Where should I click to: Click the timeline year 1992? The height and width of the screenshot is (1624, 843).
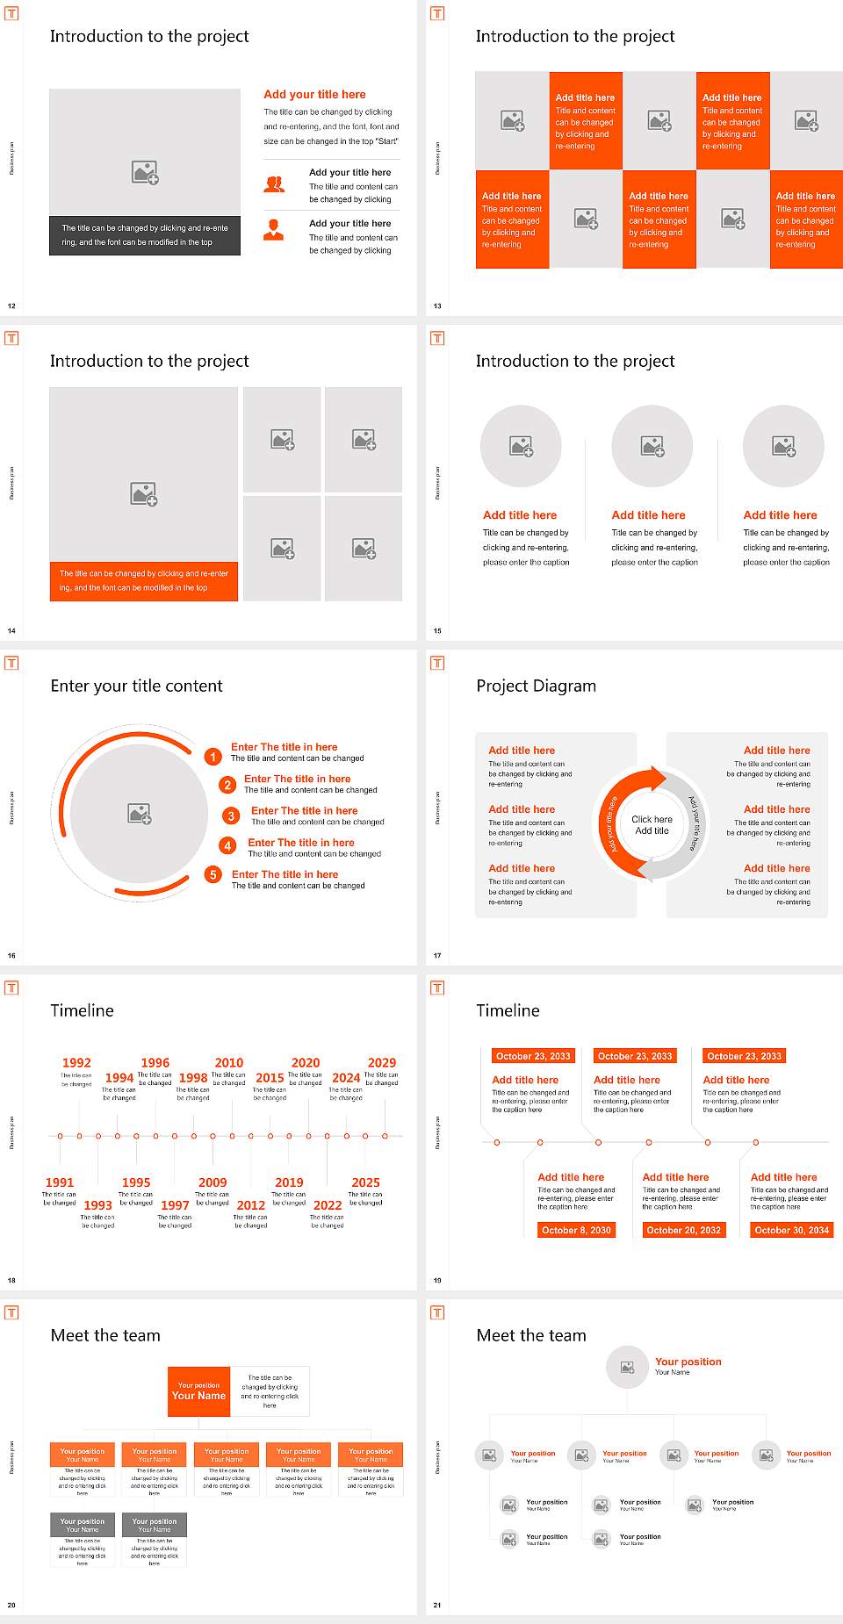pos(76,1062)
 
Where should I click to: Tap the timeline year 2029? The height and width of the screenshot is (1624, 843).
pos(382,1062)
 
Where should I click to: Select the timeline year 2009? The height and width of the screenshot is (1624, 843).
pos(213,1182)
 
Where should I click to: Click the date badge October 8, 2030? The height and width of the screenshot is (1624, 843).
pos(576,1230)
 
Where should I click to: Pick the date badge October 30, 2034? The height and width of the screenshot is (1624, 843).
pos(791,1230)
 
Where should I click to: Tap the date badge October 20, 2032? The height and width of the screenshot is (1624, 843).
pos(683,1230)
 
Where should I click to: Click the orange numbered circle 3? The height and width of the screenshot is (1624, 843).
pos(231,816)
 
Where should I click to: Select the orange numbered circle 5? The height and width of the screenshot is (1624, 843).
pos(213,874)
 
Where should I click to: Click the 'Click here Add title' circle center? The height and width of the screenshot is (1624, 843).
pos(652,824)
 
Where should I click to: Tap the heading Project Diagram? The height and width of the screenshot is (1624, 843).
pos(536,686)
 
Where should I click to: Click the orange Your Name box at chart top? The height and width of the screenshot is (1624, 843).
pos(198,1391)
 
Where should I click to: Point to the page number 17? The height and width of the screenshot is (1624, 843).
pos(437,955)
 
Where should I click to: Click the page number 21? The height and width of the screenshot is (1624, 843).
pos(437,1605)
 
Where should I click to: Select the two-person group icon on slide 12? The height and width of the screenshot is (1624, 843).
pos(274,184)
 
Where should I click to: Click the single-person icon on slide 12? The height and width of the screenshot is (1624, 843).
pos(274,230)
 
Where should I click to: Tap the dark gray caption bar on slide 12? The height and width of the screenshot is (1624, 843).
pos(145,235)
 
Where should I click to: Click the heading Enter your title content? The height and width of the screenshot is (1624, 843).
pos(136,686)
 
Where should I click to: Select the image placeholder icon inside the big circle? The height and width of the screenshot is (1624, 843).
pos(140,813)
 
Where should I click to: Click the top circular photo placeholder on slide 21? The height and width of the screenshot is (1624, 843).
pos(627,1367)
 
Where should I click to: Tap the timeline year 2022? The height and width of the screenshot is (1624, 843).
pos(327,1205)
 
